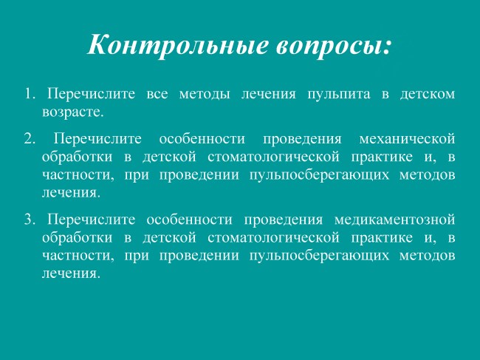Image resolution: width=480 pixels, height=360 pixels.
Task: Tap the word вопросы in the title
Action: click(331, 47)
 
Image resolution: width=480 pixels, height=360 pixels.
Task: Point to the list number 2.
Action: click(30, 139)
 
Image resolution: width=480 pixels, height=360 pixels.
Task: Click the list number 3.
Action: click(30, 220)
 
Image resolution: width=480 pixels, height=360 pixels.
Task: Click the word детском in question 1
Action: click(428, 95)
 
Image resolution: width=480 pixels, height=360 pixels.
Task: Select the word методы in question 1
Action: click(205, 95)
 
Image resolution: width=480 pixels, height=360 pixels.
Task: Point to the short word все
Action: click(157, 95)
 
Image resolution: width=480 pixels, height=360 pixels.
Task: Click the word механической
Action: click(407, 140)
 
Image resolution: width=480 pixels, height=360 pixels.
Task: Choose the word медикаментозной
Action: click(394, 220)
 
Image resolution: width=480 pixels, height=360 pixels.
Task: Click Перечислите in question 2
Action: click(97, 140)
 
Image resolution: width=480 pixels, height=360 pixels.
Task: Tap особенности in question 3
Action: click(189, 220)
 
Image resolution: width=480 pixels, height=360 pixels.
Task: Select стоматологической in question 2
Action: click(273, 157)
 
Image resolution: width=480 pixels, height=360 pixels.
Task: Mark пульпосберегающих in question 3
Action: click(319, 256)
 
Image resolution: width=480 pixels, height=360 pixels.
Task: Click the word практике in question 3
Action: click(382, 238)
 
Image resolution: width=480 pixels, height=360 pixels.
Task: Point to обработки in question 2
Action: click(77, 157)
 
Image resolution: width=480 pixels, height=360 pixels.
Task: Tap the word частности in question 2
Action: click(76, 175)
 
